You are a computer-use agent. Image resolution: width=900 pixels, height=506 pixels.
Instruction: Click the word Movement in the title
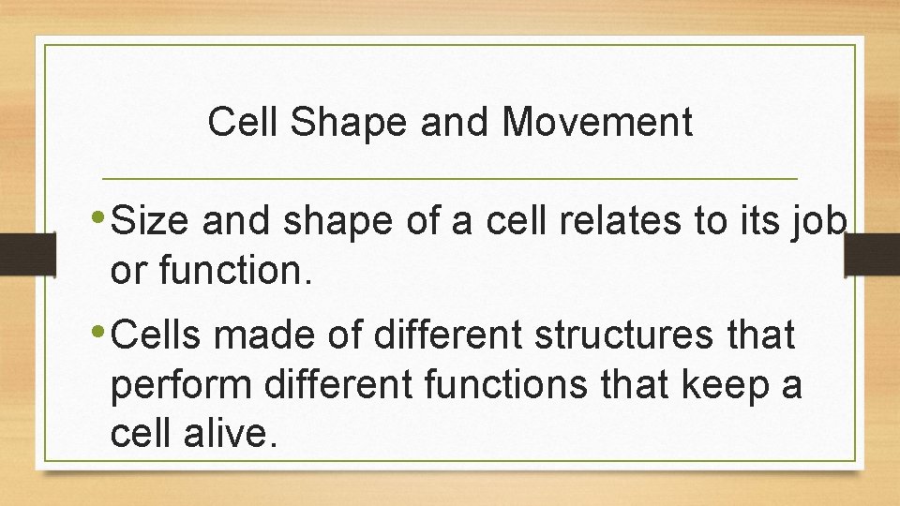tap(597, 123)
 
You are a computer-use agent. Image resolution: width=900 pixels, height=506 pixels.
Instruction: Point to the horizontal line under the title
tap(449, 178)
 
